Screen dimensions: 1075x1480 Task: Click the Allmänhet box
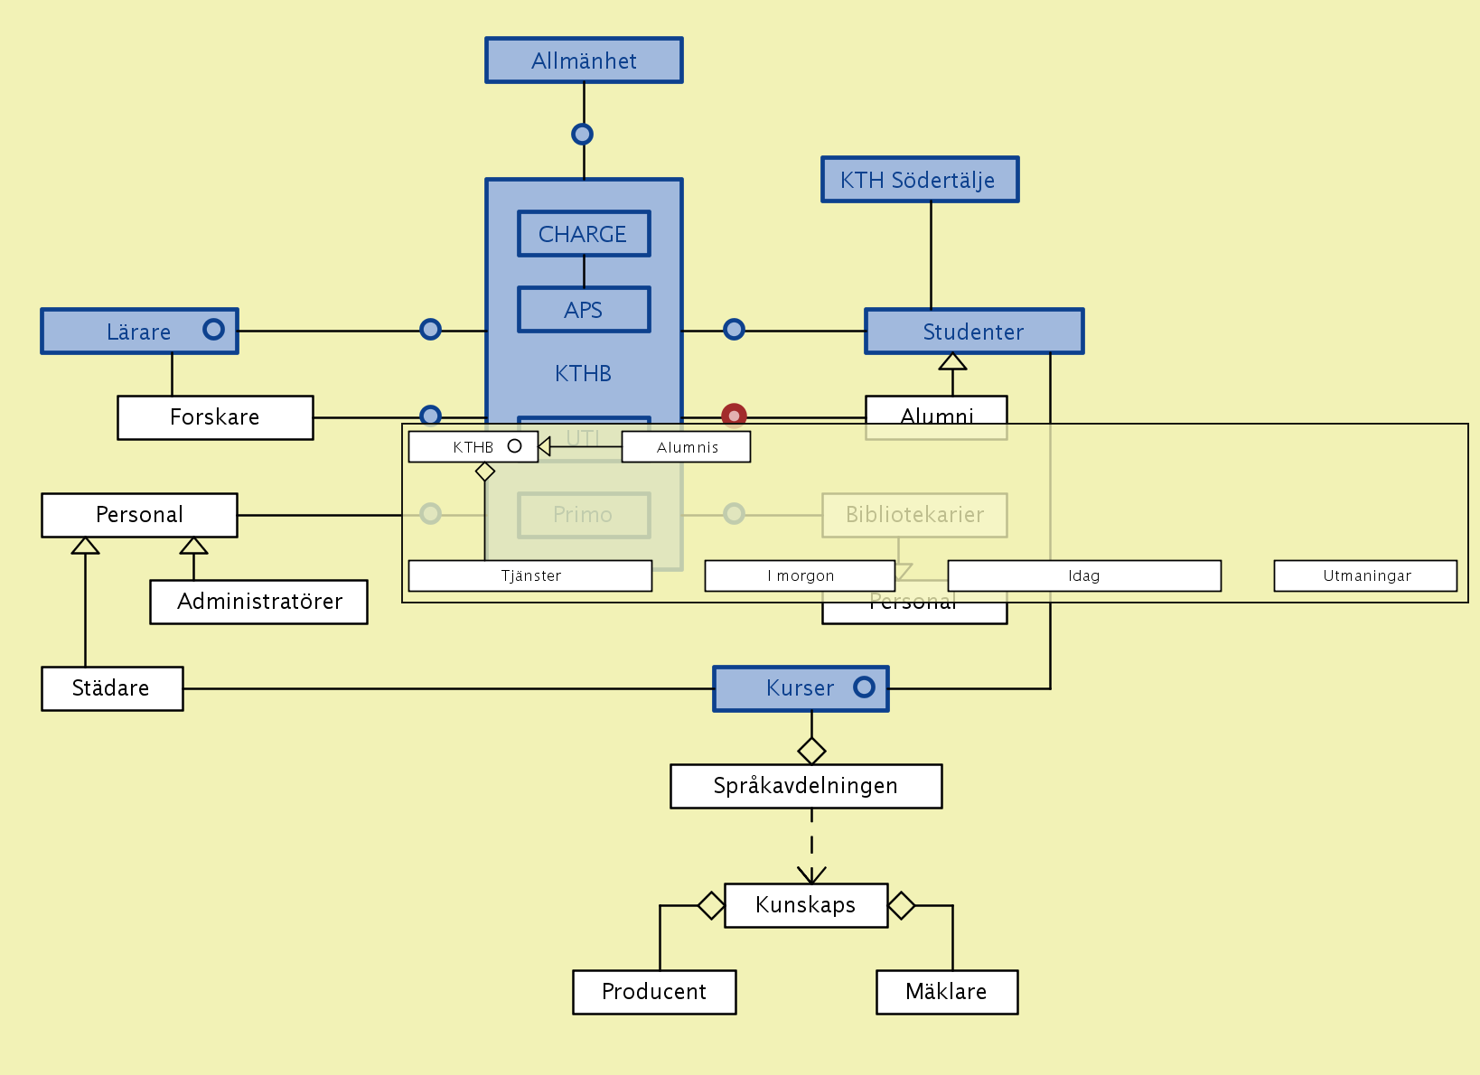tap(584, 61)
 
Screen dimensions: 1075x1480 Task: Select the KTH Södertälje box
tap(920, 180)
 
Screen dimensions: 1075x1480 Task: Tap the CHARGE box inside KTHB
tap(584, 234)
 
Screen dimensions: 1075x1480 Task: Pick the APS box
tap(584, 310)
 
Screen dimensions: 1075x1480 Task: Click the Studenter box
tap(974, 332)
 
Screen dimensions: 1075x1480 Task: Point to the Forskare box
tap(215, 417)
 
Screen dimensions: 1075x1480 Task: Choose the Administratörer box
tap(259, 602)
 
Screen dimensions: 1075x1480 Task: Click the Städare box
tap(112, 688)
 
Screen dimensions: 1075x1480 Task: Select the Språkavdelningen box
tap(806, 786)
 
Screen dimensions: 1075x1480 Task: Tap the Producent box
tap(654, 992)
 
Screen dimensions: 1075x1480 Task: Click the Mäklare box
tap(947, 992)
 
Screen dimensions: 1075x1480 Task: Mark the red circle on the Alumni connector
tap(734, 416)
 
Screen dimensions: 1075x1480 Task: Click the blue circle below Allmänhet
tap(583, 135)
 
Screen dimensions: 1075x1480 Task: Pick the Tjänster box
tap(530, 576)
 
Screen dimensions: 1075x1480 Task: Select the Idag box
tap(1084, 576)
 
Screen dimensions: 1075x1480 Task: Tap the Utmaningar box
tap(1365, 576)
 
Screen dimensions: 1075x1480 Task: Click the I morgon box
tap(800, 576)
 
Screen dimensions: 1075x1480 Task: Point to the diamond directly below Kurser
tap(811, 751)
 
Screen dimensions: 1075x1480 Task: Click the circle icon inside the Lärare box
tap(213, 330)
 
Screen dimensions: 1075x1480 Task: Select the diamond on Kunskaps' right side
tap(901, 904)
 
